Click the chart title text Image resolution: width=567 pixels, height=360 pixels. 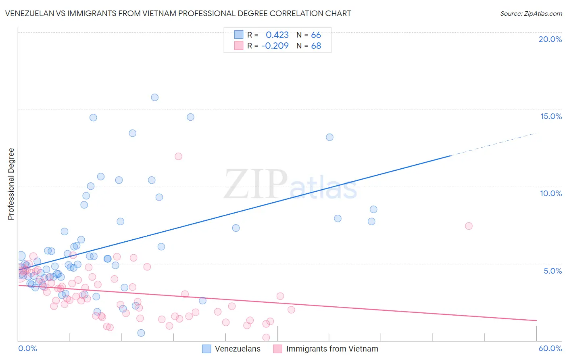178,13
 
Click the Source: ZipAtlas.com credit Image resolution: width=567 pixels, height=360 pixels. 531,13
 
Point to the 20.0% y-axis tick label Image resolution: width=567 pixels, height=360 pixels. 550,39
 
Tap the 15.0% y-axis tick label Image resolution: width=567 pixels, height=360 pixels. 551,116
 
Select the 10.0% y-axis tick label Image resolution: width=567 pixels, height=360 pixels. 551,193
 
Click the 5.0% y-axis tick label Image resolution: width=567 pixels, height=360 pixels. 552,271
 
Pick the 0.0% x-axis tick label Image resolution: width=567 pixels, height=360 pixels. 27,348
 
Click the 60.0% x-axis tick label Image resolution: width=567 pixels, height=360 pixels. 550,348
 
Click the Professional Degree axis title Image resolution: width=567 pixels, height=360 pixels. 11,184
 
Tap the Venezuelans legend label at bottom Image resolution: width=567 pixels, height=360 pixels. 238,349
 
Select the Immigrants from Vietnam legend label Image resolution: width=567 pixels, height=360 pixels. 332,349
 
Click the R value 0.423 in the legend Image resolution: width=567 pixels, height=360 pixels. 277,35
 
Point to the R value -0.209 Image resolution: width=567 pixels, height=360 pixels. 275,46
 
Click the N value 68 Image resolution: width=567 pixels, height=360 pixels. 316,46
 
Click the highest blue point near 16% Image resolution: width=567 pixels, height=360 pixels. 154,97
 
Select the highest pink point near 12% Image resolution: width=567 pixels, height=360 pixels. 178,156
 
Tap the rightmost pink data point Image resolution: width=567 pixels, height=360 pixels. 468,226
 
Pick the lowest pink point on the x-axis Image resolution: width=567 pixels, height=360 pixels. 266,337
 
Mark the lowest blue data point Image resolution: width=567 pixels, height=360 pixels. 141,333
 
